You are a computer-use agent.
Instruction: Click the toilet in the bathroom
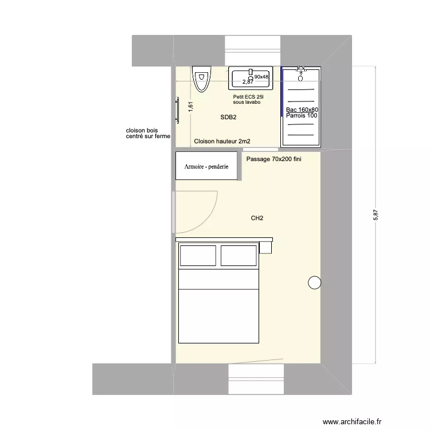tap(201, 79)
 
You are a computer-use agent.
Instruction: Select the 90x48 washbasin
tap(250, 77)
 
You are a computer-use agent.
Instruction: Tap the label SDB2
tap(228, 118)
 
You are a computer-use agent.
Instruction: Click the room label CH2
tap(257, 218)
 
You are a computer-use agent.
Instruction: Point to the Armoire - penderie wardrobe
tap(206, 166)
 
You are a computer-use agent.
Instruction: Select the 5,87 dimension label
tap(376, 215)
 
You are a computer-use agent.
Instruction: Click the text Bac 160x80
tap(302, 110)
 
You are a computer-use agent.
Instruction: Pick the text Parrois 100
tap(302, 116)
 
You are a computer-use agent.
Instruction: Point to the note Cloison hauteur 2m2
tap(222, 141)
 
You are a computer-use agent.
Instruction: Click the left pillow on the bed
tap(198, 256)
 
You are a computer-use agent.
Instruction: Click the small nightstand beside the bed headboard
tap(265, 247)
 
